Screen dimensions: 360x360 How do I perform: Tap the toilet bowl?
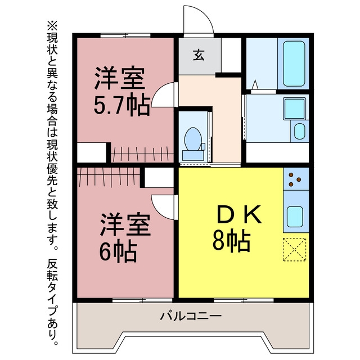(193, 139)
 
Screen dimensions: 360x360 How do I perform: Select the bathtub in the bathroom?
(294, 64)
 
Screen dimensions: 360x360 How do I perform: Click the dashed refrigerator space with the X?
(295, 250)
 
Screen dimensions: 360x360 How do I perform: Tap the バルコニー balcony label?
(191, 316)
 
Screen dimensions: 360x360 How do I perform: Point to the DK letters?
(238, 214)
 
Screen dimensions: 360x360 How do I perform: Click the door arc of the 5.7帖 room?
(159, 91)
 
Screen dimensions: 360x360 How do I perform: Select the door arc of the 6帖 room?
(159, 211)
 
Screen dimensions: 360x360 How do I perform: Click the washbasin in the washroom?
(300, 131)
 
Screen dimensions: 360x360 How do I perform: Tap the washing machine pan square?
(295, 109)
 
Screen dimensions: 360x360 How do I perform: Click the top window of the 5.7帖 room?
(125, 35)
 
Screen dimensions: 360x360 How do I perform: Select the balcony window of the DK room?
(244, 300)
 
